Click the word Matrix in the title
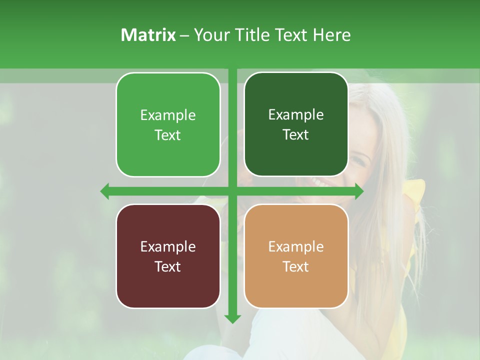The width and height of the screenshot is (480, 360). point(148,35)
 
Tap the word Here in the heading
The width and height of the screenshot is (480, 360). point(331,35)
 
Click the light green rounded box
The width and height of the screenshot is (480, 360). point(168,124)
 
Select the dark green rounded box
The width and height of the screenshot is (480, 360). point(296,124)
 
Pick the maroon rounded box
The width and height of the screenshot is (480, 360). point(168,256)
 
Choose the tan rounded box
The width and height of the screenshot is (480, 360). point(296,256)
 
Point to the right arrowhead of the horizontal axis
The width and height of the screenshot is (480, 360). point(358,191)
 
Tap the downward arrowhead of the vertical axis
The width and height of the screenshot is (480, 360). point(232,318)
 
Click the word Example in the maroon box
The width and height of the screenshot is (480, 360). point(168,246)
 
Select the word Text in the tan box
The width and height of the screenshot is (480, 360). point(296,266)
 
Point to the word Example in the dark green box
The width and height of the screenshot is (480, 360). point(296,115)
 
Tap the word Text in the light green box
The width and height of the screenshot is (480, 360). point(168,135)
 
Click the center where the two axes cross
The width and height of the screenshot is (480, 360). point(232,191)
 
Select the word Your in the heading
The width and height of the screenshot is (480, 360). point(209,35)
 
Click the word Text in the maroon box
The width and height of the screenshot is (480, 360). point(168,266)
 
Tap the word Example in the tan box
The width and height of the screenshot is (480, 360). point(296,246)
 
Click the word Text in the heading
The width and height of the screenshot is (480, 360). point(290,35)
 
